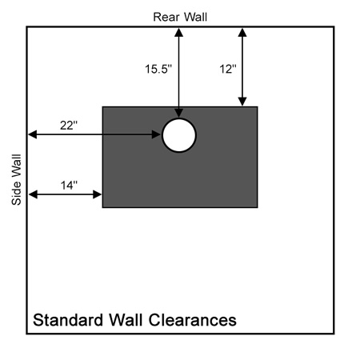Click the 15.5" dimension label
pyautogui.click(x=158, y=69)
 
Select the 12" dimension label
pyautogui.click(x=228, y=69)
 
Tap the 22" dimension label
pyautogui.click(x=69, y=126)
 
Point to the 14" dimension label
pyautogui.click(x=69, y=185)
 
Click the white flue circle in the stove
pyautogui.click(x=179, y=135)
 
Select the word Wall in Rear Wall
pyautogui.click(x=196, y=17)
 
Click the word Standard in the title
pyautogui.click(x=68, y=320)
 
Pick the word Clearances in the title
pyautogui.click(x=193, y=320)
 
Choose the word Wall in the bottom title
pyautogui.click(x=126, y=320)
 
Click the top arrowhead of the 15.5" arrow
pyautogui.click(x=178, y=33)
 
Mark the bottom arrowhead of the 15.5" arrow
pyautogui.click(x=178, y=113)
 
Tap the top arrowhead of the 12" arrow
pyautogui.click(x=242, y=33)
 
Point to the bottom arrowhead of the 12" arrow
pyautogui.click(x=242, y=102)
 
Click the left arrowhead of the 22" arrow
pyautogui.click(x=33, y=134)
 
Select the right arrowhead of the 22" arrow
pyautogui.click(x=156, y=134)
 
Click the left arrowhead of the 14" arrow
pyautogui.click(x=33, y=194)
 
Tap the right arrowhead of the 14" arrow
pyautogui.click(x=98, y=194)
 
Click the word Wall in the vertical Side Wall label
pyautogui.click(x=16, y=166)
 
